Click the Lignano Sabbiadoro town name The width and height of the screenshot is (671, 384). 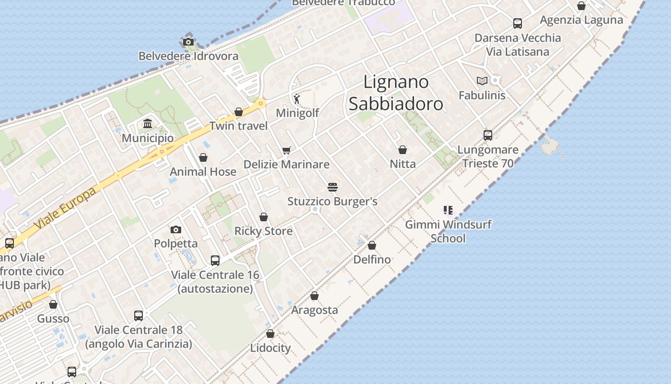(x=396, y=93)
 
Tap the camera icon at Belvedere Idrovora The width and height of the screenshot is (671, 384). (x=188, y=42)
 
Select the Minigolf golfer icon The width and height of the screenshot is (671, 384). (x=297, y=99)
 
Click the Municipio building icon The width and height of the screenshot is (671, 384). (x=148, y=124)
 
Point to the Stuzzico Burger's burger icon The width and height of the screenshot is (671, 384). (x=333, y=187)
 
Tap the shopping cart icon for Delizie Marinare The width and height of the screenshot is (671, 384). (x=287, y=150)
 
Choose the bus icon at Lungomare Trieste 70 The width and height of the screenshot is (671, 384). (x=488, y=135)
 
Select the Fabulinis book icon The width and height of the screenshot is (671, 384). (x=482, y=81)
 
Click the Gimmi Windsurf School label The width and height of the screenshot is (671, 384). (x=448, y=231)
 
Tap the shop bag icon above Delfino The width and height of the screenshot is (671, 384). (x=372, y=245)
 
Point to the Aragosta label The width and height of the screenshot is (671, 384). (x=314, y=310)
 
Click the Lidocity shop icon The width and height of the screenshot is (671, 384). (x=270, y=334)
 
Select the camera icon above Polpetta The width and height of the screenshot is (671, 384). (x=176, y=229)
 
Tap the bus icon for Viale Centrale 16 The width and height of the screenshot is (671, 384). (x=215, y=261)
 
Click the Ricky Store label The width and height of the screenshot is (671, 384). (x=263, y=231)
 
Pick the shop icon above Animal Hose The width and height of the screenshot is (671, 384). (x=203, y=157)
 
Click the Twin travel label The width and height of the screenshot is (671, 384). (x=238, y=126)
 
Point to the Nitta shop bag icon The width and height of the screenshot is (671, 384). (x=403, y=150)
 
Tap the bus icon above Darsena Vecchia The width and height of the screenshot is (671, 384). (x=518, y=23)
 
